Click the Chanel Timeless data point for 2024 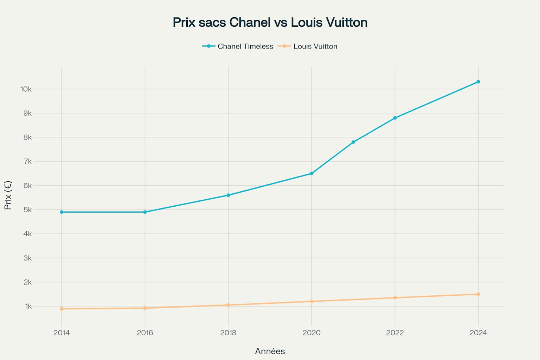click(478, 82)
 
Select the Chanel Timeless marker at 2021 click(353, 142)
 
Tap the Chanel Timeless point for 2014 click(62, 212)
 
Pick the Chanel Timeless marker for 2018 click(228, 195)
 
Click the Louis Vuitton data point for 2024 click(478, 294)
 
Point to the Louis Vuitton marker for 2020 click(311, 301)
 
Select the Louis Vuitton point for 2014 click(62, 309)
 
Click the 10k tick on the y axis click(26, 89)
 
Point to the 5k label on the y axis click(27, 210)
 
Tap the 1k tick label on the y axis click(28, 307)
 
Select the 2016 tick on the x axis click(145, 333)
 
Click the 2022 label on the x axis click(395, 333)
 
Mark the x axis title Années click(270, 351)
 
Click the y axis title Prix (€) click(8, 195)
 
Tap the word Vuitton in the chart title click(346, 22)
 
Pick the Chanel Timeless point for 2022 click(395, 118)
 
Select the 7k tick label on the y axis click(27, 162)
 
